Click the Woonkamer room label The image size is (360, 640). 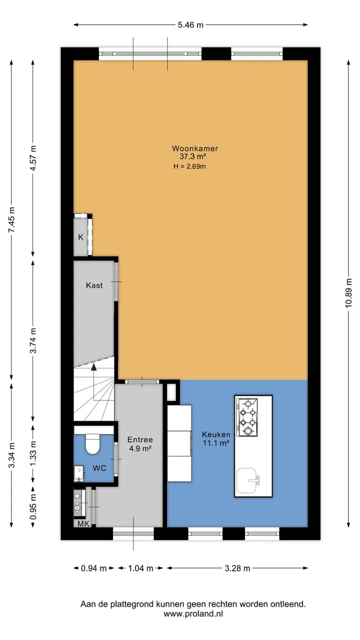[195, 148]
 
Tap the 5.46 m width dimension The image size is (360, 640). [190, 25]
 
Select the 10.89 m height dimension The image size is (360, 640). [348, 293]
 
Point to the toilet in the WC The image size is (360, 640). [92, 443]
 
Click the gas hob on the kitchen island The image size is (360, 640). [247, 417]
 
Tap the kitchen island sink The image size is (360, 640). [247, 480]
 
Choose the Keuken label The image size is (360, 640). [216, 434]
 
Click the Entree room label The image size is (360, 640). [140, 439]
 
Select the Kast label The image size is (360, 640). [94, 285]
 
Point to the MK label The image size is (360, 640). [83, 523]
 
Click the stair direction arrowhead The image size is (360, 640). [93, 367]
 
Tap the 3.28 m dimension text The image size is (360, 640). [237, 568]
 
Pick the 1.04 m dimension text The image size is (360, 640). [140, 568]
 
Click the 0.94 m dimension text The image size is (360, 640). [93, 568]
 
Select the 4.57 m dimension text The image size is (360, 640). [33, 158]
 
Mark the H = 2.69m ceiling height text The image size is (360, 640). [189, 166]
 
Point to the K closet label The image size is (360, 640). [80, 237]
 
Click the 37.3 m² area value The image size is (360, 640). [193, 156]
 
